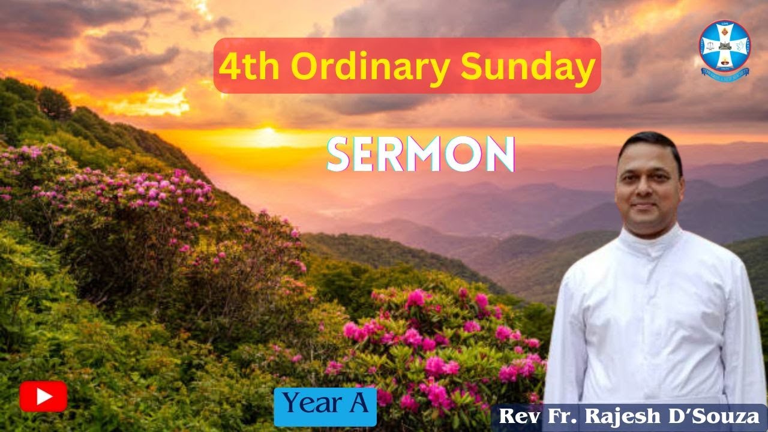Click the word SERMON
click(420, 155)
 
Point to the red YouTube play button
click(43, 396)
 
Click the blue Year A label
click(325, 406)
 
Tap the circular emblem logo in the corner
click(725, 48)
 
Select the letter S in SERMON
click(340, 155)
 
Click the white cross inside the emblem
click(725, 46)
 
